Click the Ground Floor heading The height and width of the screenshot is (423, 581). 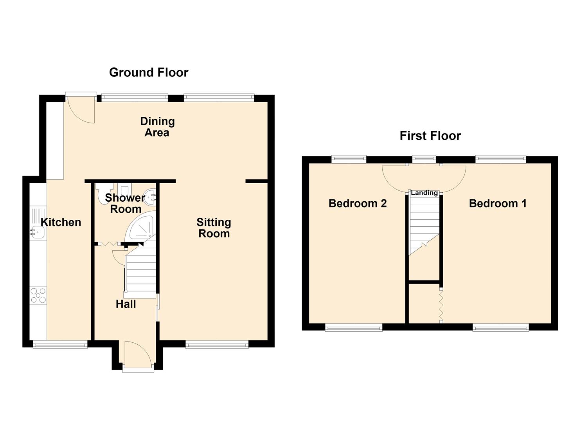pos(149,72)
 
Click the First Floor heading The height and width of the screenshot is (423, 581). pos(430,136)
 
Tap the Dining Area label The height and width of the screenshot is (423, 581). pos(157,127)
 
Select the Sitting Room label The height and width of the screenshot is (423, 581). pos(214,228)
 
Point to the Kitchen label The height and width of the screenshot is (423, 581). pos(61,222)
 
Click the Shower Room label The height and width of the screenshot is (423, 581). pos(125,203)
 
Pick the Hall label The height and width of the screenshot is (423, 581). pos(126,304)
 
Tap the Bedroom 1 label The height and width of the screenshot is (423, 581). pos(498,203)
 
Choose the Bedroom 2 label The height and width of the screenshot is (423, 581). pos(358,203)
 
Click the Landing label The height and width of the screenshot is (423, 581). pos(424,193)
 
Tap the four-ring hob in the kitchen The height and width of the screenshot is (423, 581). pos(38,295)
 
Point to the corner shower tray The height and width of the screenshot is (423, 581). pos(140,226)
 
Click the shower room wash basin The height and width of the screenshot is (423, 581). pos(150,197)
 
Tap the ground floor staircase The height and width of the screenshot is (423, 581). pos(140,270)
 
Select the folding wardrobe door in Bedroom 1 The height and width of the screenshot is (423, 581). pos(441,305)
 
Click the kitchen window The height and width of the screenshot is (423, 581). pos(60,345)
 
